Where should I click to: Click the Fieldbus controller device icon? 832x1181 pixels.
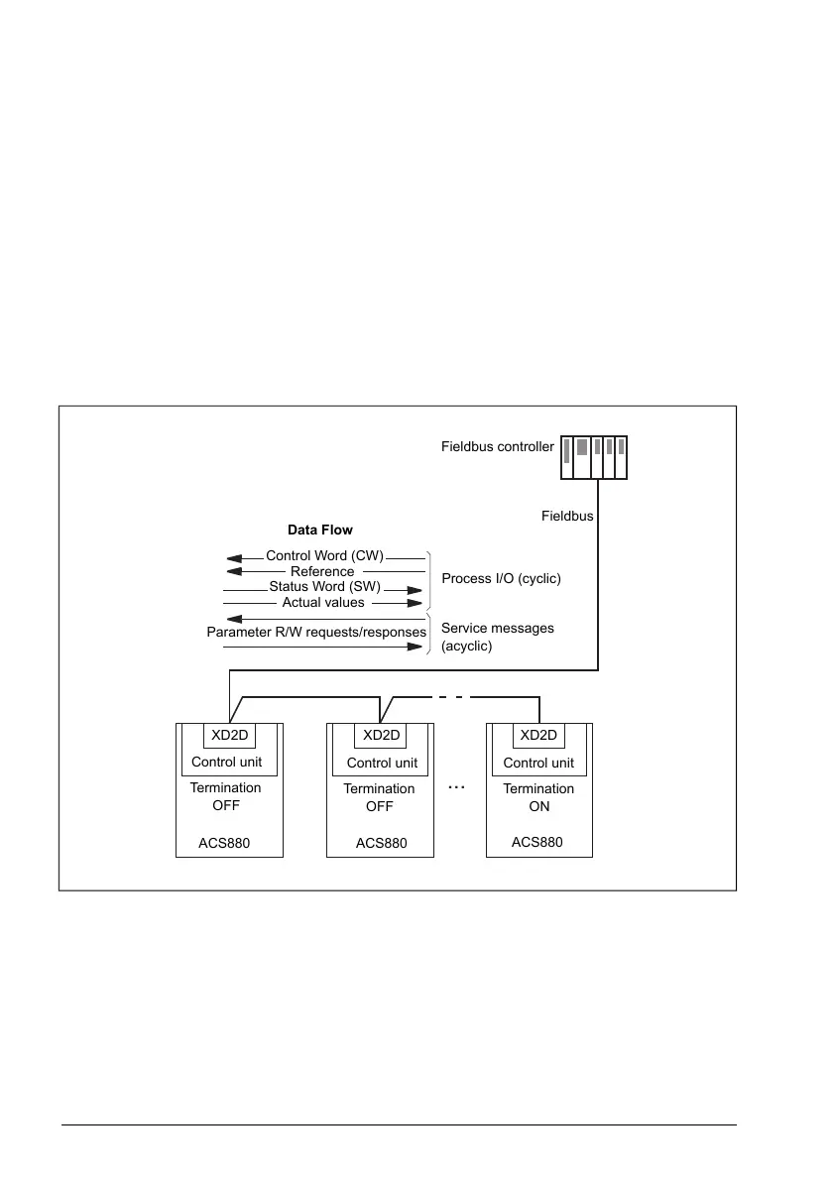pos(594,458)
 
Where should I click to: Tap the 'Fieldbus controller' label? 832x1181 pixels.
pos(497,447)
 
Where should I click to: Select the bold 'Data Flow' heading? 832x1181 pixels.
pos(320,531)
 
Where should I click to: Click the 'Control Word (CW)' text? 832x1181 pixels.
pos(324,556)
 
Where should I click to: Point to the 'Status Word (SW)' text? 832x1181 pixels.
pos(324,587)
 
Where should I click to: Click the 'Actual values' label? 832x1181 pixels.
pos(323,602)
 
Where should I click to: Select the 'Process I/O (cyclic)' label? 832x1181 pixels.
pos(501,578)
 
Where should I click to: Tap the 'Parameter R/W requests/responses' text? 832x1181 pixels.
pos(316,632)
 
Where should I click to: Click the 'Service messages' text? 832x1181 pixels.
pos(498,628)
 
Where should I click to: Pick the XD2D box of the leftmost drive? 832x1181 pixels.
pos(229,735)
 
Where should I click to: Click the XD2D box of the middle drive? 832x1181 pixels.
pos(381,735)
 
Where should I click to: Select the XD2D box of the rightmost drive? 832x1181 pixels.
pos(538,735)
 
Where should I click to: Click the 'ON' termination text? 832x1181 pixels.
pos(539,806)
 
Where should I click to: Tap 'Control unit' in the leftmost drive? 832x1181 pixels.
pos(227,763)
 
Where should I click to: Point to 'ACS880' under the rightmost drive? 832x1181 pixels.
pos(537,842)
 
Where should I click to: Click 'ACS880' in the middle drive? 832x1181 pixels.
pos(382,844)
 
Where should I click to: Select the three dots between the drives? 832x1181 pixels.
pos(456,787)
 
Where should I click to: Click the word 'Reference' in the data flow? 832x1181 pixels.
pos(322,572)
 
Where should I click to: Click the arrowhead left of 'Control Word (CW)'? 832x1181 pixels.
pos(233,557)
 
